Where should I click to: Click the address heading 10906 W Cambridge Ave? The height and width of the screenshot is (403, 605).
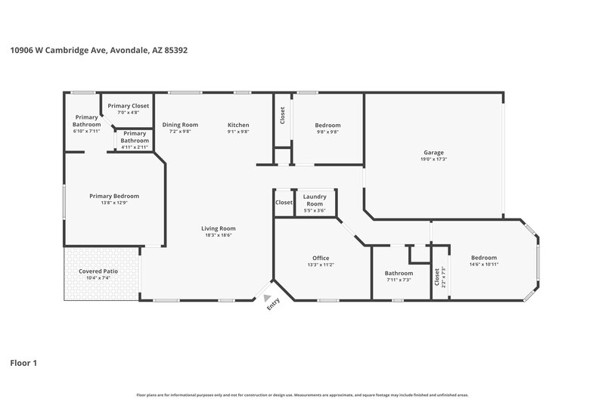pyautogui.click(x=98, y=51)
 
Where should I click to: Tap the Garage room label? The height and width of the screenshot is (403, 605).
pyautogui.click(x=433, y=152)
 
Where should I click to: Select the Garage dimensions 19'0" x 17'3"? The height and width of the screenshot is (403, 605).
pyautogui.click(x=433, y=159)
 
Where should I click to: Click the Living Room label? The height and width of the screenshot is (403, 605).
pyautogui.click(x=218, y=228)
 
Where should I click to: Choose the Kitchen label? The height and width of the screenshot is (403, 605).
pyautogui.click(x=238, y=125)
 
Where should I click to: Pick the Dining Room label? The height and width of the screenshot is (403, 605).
pyautogui.click(x=180, y=125)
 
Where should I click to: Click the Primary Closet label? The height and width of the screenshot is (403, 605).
pyautogui.click(x=128, y=106)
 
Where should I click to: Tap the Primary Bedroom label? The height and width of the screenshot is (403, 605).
pyautogui.click(x=114, y=196)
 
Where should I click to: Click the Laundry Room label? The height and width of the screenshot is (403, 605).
pyautogui.click(x=314, y=200)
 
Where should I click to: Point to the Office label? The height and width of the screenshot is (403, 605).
pyautogui.click(x=321, y=259)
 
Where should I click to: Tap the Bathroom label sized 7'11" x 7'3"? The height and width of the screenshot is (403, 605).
pyautogui.click(x=399, y=273)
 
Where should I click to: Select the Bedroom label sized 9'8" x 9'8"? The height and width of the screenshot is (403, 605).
pyautogui.click(x=327, y=125)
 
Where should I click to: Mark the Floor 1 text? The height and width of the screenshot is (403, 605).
pyautogui.click(x=23, y=363)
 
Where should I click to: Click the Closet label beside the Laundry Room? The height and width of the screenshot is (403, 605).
pyautogui.click(x=284, y=203)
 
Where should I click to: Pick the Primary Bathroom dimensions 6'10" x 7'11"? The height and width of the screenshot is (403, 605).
pyautogui.click(x=86, y=131)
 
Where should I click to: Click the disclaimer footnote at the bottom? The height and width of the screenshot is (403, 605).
pyautogui.click(x=302, y=395)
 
